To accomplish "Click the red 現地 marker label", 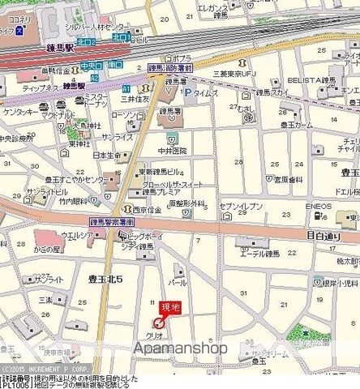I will point(170,307).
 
